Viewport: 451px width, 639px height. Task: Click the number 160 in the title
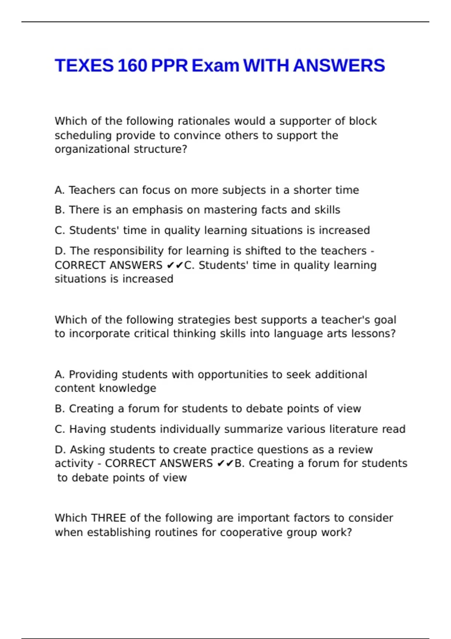click(x=132, y=66)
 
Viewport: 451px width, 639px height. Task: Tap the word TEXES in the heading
click(x=84, y=66)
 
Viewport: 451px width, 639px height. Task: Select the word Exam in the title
click(x=215, y=66)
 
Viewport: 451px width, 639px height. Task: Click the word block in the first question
click(x=363, y=121)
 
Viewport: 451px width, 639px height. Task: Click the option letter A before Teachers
click(x=59, y=190)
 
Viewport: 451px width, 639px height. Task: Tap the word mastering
click(x=233, y=210)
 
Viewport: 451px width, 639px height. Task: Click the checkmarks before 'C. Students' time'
click(x=175, y=265)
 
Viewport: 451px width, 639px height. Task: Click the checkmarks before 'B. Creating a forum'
click(x=225, y=463)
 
